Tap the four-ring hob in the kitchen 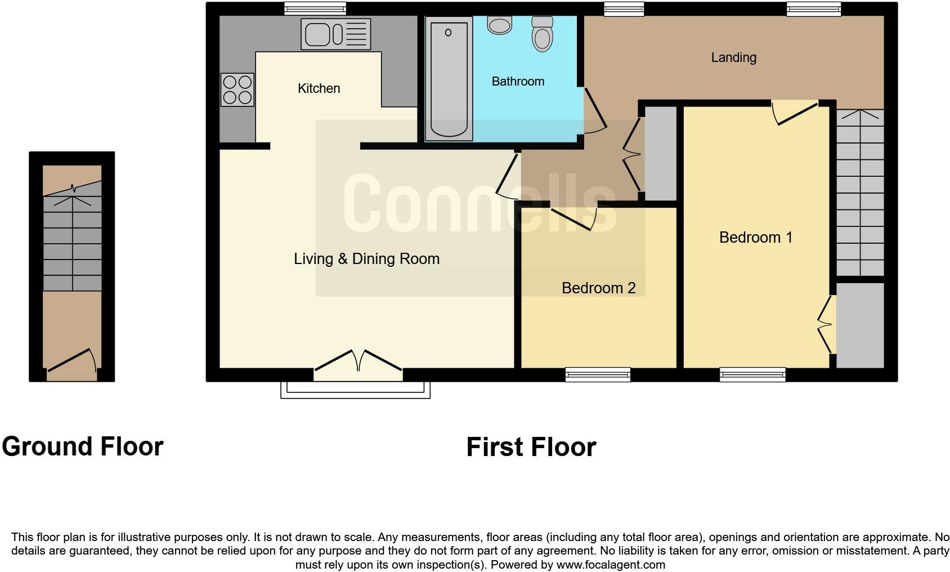click(x=237, y=90)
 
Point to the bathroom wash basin click(x=499, y=25)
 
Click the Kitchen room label click(x=319, y=88)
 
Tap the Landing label click(x=733, y=57)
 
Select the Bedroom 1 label click(x=755, y=238)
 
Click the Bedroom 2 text click(x=598, y=288)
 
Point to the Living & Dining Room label click(x=366, y=259)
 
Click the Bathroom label click(x=518, y=82)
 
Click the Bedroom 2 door click(x=573, y=218)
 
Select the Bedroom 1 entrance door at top click(x=795, y=113)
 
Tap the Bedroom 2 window click(x=598, y=374)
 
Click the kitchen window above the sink click(x=315, y=8)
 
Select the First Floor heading click(x=531, y=448)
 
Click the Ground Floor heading click(x=83, y=446)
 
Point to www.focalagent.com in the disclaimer click(x=611, y=565)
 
